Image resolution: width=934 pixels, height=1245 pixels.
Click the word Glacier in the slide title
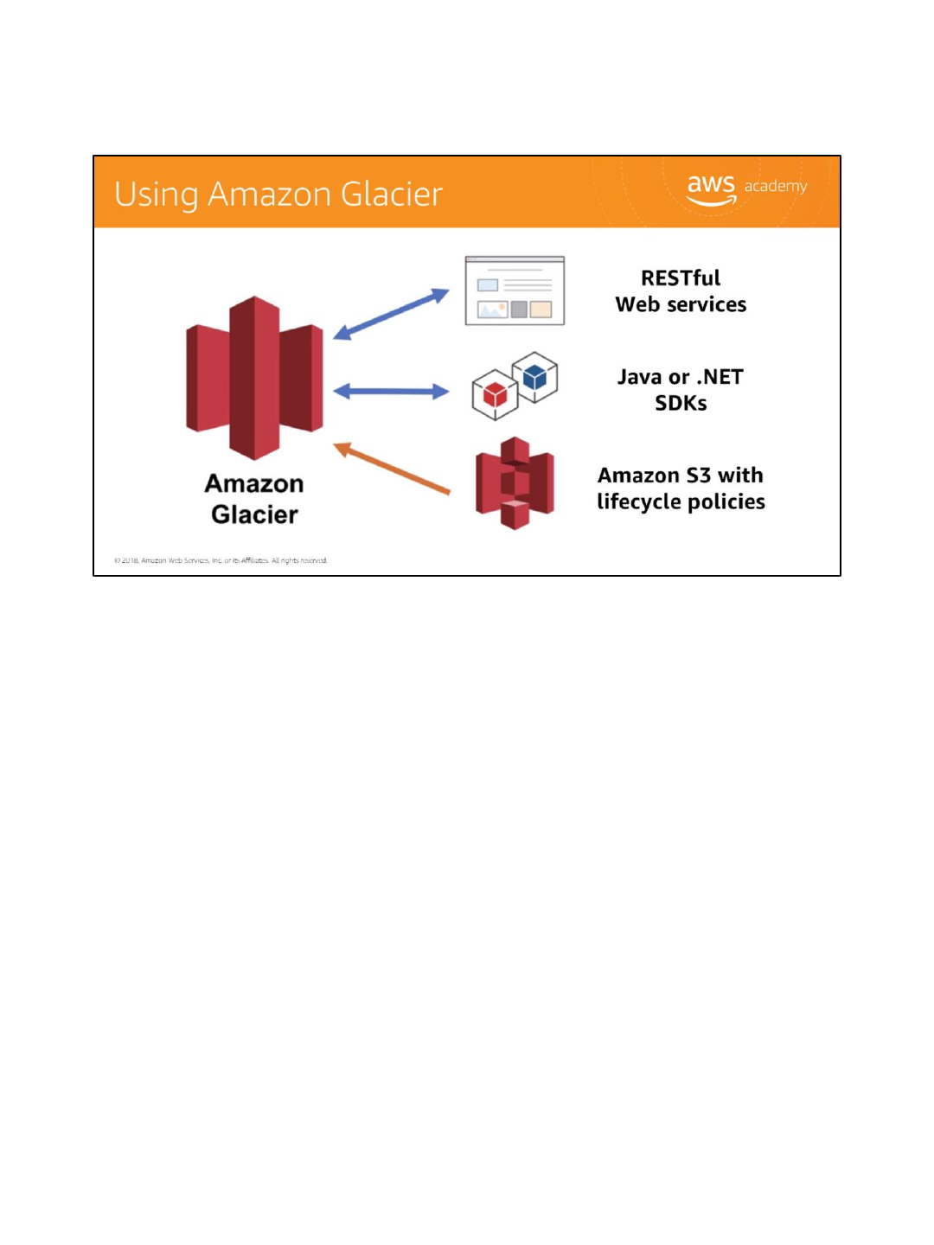pos(391,195)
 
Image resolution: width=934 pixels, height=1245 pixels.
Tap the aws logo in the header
pos(711,188)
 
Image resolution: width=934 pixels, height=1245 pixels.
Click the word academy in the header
pos(776,186)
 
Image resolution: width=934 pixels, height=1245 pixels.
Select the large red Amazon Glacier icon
pos(254,378)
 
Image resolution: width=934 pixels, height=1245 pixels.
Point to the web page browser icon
pos(515,290)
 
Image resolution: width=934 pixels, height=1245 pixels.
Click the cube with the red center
pos(495,395)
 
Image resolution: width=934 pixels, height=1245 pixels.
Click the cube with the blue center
pos(535,376)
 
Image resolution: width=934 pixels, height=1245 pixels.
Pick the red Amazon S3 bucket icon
pos(515,482)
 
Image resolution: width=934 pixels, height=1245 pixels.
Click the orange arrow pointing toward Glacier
pos(392,469)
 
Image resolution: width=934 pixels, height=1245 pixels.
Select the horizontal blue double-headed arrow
pos(391,392)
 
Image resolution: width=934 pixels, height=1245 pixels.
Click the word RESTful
pos(681,278)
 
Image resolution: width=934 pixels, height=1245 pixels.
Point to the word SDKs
pos(681,404)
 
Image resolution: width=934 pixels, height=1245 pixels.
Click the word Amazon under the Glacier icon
pos(254,483)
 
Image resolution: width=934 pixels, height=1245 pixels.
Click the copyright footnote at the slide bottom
pos(221,560)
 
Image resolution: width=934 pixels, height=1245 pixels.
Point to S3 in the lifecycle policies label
pos(698,476)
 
